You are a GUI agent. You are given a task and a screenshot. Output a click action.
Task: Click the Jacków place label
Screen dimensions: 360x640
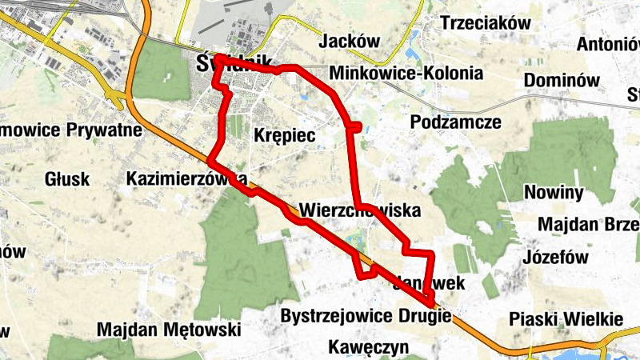348,41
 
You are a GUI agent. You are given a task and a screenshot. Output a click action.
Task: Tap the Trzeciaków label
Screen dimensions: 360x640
486,23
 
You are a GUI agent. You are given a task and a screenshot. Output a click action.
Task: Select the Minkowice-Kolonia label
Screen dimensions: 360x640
406,74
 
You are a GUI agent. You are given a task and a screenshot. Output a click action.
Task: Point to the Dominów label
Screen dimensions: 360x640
562,80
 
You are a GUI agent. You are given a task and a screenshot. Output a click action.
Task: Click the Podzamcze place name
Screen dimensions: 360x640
455,122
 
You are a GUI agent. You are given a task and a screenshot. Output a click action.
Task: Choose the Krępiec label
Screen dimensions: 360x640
284,137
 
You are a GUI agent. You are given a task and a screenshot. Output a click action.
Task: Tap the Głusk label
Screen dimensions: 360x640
67,178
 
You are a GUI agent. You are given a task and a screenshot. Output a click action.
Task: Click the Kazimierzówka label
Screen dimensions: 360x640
186,178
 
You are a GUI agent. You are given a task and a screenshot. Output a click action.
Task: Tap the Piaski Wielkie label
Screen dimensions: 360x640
565,319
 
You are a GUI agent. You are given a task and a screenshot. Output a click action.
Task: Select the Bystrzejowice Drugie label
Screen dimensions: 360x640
366,316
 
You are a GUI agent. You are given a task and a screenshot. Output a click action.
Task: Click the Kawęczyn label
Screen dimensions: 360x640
369,347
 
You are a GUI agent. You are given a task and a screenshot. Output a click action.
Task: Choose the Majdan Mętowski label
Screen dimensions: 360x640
169,329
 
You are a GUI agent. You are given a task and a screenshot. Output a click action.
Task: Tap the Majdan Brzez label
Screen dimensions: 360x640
588,225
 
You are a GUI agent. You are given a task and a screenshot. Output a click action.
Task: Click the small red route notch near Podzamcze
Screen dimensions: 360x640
354,126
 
